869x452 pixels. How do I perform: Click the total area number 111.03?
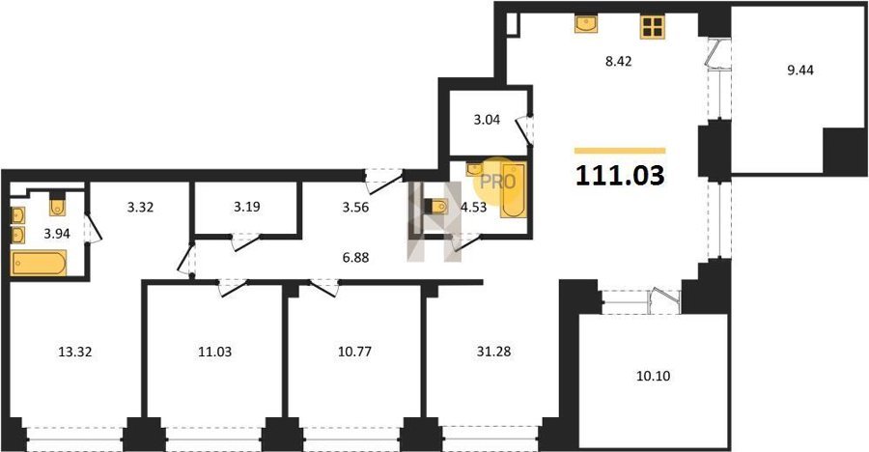[620, 176]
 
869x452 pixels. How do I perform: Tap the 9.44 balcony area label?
[800, 71]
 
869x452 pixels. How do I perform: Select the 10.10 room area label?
[654, 376]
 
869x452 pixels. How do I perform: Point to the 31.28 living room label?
[493, 352]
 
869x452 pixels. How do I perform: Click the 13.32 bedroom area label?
[74, 352]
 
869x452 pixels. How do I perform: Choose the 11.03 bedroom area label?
[214, 352]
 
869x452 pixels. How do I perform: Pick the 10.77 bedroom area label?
[354, 352]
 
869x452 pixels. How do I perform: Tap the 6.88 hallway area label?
[355, 258]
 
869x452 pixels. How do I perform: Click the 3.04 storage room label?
[487, 120]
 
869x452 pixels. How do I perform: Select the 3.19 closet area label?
[246, 207]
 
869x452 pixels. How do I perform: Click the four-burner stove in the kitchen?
[653, 27]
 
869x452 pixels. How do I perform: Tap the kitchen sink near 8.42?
[586, 24]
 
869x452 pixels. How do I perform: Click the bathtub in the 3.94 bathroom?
[39, 263]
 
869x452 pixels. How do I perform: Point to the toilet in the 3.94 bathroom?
[58, 204]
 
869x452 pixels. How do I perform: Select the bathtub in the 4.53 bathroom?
[514, 190]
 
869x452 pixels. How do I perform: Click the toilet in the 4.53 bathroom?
[436, 207]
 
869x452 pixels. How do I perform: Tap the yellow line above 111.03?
[620, 151]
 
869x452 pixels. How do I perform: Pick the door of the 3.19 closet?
[245, 242]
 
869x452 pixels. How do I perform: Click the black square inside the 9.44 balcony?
[844, 152]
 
